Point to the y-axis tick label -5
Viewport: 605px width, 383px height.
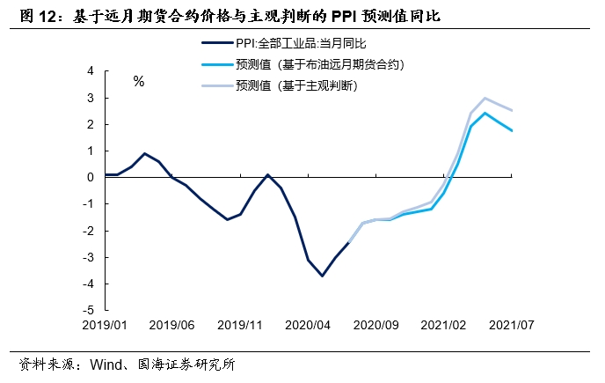pyautogui.click(x=88, y=310)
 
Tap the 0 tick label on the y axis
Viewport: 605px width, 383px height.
pyautogui.click(x=91, y=177)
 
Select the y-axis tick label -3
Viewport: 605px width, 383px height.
pyautogui.click(x=88, y=257)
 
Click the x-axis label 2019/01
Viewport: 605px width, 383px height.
pyautogui.click(x=105, y=325)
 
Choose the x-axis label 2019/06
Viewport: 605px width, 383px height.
pyautogui.click(x=171, y=325)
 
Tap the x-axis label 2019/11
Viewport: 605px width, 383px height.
pyautogui.click(x=239, y=325)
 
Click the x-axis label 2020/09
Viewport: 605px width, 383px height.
pyautogui.click(x=375, y=325)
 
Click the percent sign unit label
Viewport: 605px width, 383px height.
pyautogui.click(x=138, y=82)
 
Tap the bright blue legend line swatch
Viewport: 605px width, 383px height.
pyautogui.click(x=215, y=64)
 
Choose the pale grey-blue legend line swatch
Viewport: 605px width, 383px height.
pyautogui.click(x=215, y=85)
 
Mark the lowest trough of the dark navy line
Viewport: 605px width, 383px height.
pyautogui.click(x=322, y=276)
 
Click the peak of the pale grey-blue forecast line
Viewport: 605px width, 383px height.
pyautogui.click(x=485, y=98)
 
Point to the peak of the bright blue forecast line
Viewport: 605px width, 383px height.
pyautogui.click(x=485, y=113)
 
